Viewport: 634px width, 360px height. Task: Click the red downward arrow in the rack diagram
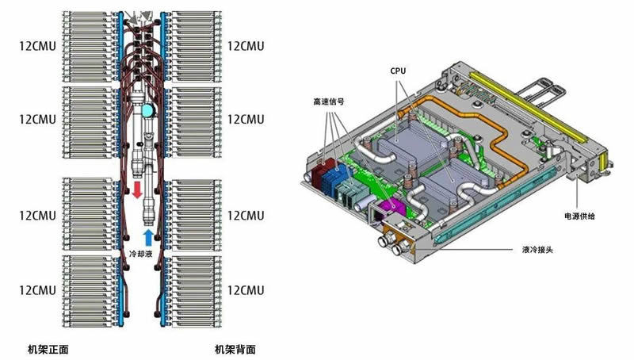pos(136,190)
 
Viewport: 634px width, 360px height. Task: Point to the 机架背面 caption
pos(235,349)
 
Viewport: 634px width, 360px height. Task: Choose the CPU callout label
pos(399,71)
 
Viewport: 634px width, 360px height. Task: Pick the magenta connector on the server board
pos(390,208)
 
